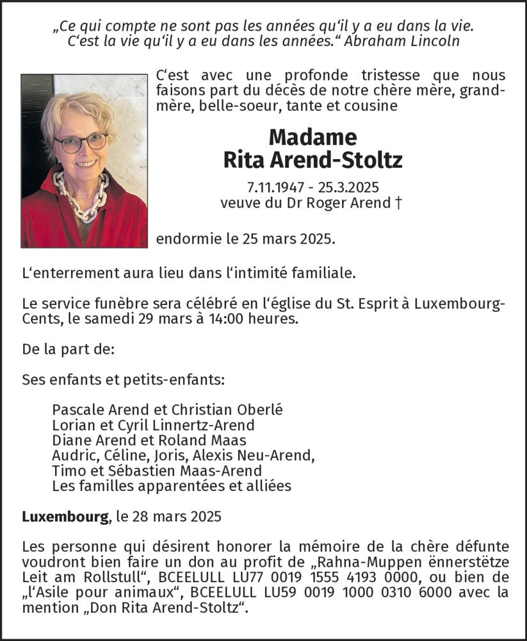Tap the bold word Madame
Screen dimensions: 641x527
(x=312, y=137)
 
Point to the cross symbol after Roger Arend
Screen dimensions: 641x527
(x=399, y=204)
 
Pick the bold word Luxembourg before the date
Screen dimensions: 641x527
(x=65, y=517)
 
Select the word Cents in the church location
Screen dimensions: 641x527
(x=41, y=319)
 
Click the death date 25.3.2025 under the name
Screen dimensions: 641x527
(x=347, y=188)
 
